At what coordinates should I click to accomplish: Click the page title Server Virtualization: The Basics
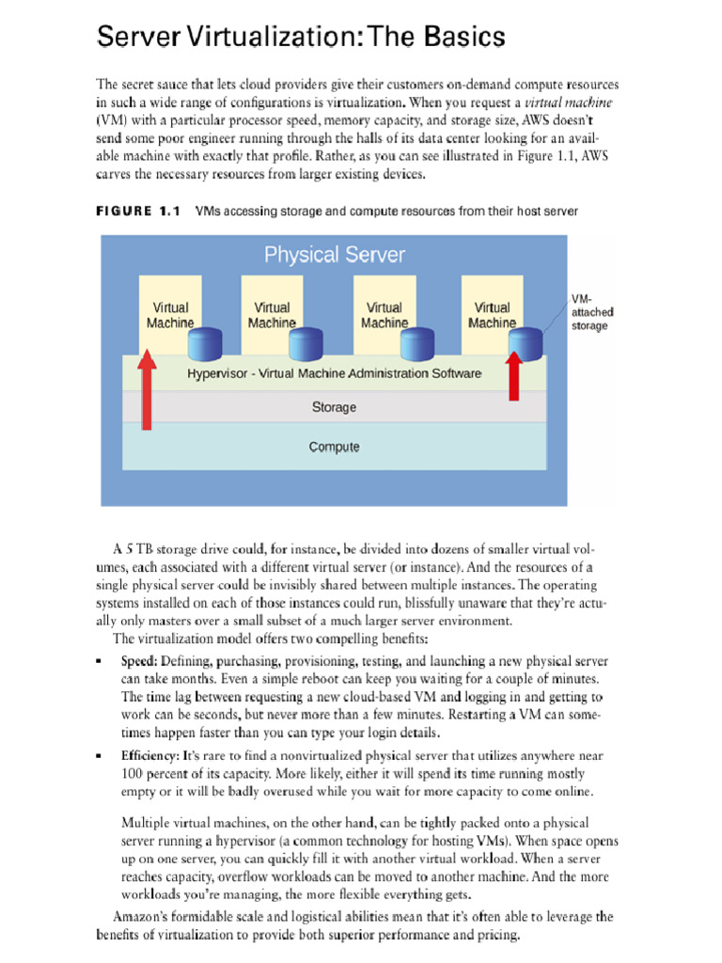302,38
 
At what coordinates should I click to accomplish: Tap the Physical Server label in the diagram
334,254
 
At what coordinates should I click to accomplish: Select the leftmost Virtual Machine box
169,314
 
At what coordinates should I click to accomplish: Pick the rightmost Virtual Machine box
492,314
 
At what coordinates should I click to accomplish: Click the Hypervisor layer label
334,373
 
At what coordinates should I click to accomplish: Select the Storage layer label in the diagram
334,407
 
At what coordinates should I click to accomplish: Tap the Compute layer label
334,447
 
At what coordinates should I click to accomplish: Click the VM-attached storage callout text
589,312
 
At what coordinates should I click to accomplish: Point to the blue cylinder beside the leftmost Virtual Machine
204,344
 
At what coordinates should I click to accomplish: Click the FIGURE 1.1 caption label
138,212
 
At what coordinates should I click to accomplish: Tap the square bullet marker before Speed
100,662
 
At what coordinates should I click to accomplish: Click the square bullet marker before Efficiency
100,756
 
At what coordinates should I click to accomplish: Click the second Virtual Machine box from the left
272,314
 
